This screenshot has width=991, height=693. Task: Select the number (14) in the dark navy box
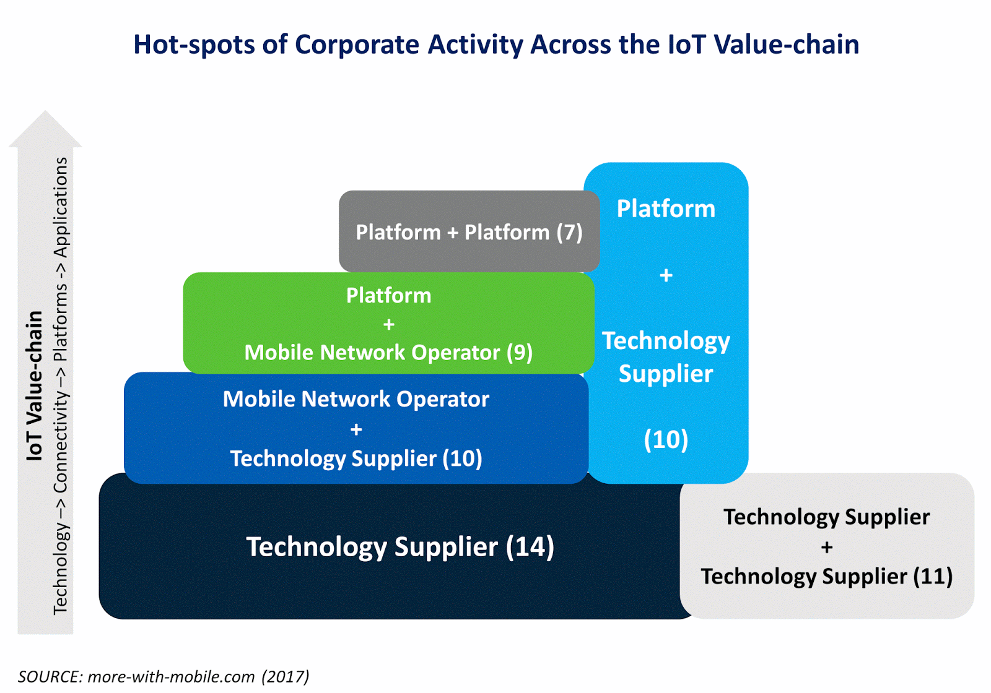click(x=530, y=547)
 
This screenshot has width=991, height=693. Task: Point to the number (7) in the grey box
click(x=569, y=233)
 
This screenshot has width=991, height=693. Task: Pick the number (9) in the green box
click(x=519, y=353)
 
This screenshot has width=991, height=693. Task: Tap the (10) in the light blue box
click(x=666, y=440)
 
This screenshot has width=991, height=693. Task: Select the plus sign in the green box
click(x=388, y=324)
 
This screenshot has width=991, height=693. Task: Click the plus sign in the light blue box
click(x=666, y=275)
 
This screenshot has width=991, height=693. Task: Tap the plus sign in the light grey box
click(x=826, y=547)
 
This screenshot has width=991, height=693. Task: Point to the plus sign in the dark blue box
click(x=356, y=429)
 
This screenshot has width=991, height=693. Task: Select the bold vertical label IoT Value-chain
click(x=35, y=385)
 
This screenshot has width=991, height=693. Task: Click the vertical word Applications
click(x=61, y=207)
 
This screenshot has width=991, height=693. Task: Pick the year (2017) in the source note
click(x=285, y=676)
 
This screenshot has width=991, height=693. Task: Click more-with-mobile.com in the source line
click(x=171, y=676)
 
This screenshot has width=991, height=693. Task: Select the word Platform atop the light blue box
click(x=666, y=209)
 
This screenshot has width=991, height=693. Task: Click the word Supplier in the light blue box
click(x=666, y=374)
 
